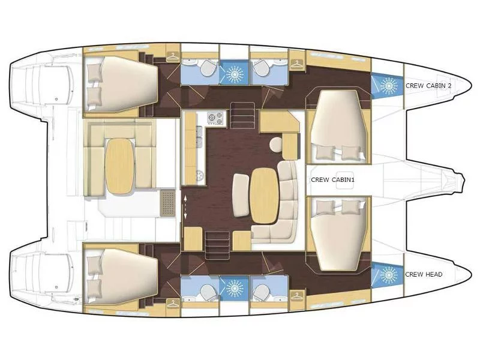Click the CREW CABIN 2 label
(x=428, y=86)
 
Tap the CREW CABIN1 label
(x=333, y=179)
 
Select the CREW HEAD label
(x=424, y=274)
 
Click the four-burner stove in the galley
(x=215, y=118)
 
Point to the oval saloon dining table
(x=265, y=196)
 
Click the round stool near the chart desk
(x=277, y=144)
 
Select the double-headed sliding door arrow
(x=185, y=208)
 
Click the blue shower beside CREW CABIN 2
(x=387, y=85)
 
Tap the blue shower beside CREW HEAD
(x=387, y=275)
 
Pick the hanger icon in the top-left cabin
(x=173, y=56)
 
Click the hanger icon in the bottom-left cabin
(x=173, y=304)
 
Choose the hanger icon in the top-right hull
(x=296, y=64)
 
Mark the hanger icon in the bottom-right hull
(x=296, y=296)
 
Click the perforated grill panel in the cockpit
(x=167, y=203)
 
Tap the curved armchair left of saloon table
(x=241, y=195)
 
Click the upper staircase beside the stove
(x=242, y=115)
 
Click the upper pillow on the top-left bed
(x=94, y=72)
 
